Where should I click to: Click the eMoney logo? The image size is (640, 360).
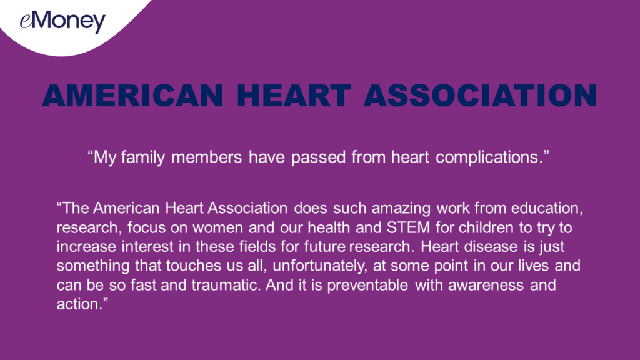point(62,22)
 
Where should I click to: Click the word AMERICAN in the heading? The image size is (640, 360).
point(133,96)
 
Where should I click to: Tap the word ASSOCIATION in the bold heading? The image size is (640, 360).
point(481,96)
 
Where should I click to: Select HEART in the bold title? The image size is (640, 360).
point(294,96)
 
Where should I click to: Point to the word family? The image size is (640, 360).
point(143,157)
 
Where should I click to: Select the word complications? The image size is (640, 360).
point(489,157)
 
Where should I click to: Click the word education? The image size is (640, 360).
point(547,208)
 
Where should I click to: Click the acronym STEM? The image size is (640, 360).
point(408,227)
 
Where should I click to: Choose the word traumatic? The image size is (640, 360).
point(226,285)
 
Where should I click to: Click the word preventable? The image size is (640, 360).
point(367,285)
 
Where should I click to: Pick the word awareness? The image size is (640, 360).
point(486,285)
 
